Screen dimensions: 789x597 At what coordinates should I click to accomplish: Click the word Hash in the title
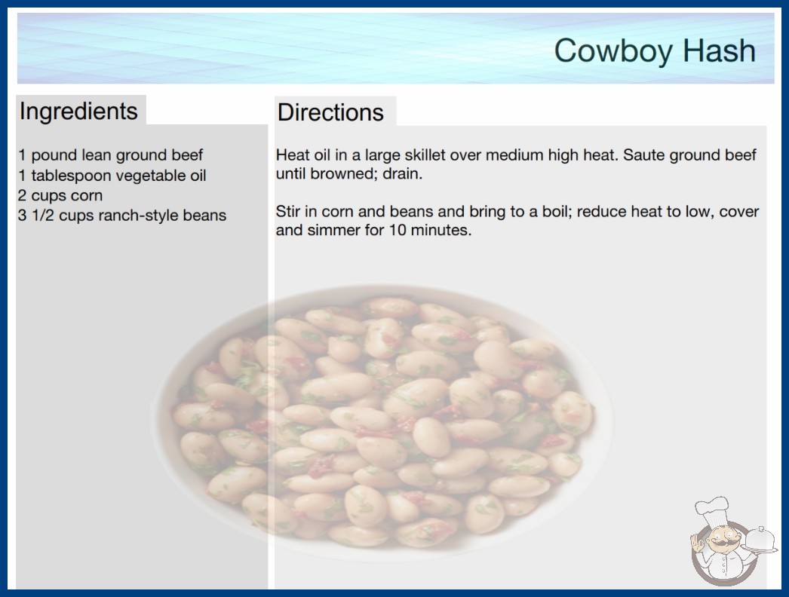point(719,51)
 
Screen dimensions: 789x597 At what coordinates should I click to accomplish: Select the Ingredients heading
point(78,112)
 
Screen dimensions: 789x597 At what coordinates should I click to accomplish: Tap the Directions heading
point(330,112)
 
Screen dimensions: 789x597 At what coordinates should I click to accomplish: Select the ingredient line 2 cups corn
point(60,195)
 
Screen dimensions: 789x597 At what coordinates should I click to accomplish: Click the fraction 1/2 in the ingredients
point(43,216)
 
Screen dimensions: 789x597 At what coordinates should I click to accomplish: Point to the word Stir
point(287,211)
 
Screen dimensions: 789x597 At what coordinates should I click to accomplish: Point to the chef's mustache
point(721,543)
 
